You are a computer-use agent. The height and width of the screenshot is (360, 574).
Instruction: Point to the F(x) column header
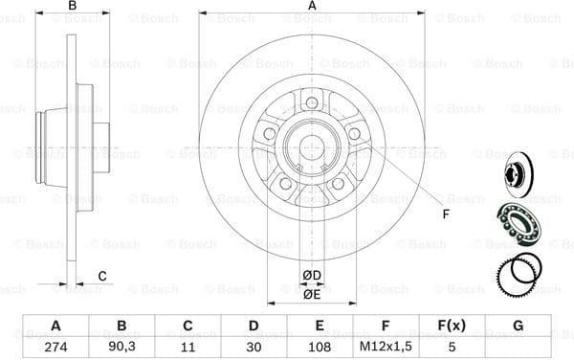(449, 325)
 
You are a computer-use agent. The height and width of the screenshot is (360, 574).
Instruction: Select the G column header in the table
(518, 325)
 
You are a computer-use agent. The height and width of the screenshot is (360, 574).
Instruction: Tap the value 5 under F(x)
(449, 347)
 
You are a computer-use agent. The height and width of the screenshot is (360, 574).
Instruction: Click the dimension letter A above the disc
(312, 8)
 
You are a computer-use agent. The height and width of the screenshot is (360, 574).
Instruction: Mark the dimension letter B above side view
(71, 8)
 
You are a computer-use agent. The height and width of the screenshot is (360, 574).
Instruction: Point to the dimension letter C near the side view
(102, 277)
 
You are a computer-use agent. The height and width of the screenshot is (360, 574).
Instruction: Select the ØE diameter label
(311, 294)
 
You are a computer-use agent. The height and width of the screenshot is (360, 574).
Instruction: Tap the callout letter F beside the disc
(446, 214)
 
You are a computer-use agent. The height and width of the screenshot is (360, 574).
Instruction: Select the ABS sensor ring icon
(519, 274)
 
